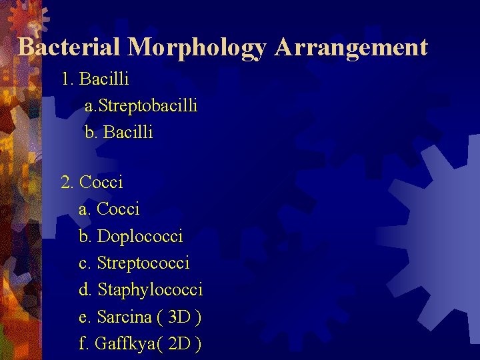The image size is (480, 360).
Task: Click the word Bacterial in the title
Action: point(69,47)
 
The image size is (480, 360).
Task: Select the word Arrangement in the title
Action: point(351,47)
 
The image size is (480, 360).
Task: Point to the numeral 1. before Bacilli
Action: point(67,79)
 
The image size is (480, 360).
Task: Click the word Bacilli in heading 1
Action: point(104,79)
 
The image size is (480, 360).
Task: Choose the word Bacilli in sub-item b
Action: point(129,133)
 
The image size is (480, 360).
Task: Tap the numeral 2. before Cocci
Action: point(67,182)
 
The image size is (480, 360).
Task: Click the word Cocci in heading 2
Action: point(101,182)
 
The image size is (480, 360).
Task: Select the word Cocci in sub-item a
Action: point(118,209)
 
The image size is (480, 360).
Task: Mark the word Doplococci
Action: point(140,236)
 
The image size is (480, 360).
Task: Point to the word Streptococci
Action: point(143,263)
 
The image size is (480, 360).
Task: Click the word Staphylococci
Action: point(150,290)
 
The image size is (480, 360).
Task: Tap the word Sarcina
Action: point(123,317)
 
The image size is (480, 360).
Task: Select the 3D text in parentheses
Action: point(180,317)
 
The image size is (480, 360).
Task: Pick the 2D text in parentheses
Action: point(180,344)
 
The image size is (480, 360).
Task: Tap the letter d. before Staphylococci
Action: point(86,290)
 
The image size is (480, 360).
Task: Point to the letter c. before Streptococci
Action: point(85,263)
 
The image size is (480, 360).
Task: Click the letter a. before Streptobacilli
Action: point(91,106)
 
